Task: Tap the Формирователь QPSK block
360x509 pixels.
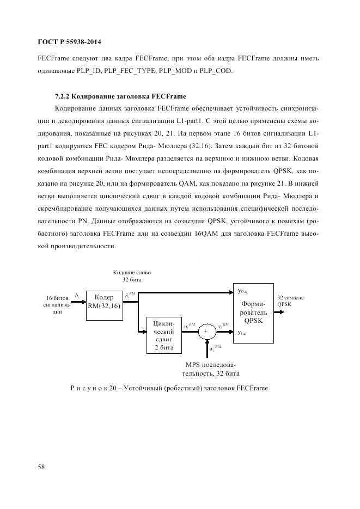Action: pyautogui.click(x=253, y=313)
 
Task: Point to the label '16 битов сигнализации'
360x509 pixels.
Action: pyautogui.click(x=57, y=305)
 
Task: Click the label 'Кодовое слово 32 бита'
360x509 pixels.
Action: pyautogui.click(x=132, y=275)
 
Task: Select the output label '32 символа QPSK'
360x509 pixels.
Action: pyautogui.click(x=290, y=301)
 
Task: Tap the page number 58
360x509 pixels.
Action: pyautogui.click(x=41, y=467)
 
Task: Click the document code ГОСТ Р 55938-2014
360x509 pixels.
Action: pyautogui.click(x=69, y=41)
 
